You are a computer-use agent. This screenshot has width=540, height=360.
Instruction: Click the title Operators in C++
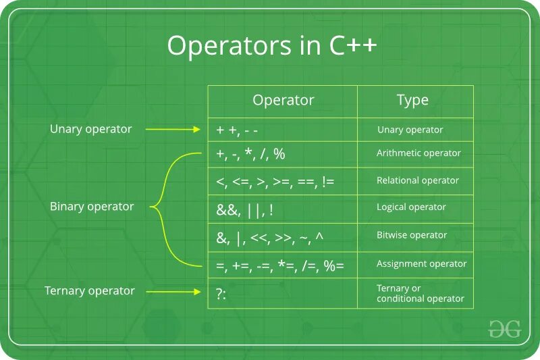tap(273, 46)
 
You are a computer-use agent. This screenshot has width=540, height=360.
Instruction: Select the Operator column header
tap(283, 101)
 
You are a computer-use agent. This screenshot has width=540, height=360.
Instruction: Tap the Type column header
tap(412, 101)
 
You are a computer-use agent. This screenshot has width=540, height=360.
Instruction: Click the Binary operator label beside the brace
tap(92, 207)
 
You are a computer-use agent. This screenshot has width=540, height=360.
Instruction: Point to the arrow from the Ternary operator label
tap(173, 292)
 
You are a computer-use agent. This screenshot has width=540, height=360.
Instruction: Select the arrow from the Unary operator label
tap(173, 130)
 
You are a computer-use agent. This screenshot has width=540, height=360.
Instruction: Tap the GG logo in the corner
tap(504, 329)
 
